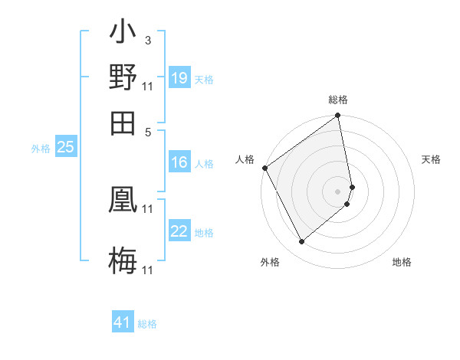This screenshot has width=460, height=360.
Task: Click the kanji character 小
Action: (123, 34)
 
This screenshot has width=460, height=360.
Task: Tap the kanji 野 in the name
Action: (123, 77)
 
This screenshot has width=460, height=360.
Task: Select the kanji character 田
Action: (123, 122)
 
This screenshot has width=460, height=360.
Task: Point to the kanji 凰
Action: (123, 200)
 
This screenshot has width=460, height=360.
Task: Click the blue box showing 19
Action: (179, 78)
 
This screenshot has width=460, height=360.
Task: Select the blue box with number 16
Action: (179, 162)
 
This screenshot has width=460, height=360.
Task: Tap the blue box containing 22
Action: (179, 231)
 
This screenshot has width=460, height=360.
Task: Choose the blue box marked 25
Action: (66, 147)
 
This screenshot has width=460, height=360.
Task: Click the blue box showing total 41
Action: (123, 322)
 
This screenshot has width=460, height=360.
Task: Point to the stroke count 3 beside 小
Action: (147, 40)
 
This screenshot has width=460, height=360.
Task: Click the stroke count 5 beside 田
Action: (147, 132)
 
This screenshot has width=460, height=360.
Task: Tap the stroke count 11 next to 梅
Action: (148, 270)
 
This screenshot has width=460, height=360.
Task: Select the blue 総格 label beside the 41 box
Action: (147, 324)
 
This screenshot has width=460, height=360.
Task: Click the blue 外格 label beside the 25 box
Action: (41, 149)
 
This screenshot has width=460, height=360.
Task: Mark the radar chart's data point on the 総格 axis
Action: (338, 116)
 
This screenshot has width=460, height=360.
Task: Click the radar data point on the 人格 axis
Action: (265, 168)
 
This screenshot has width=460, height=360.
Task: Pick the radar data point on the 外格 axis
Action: (301, 242)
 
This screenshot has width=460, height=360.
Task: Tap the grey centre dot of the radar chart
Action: (338, 191)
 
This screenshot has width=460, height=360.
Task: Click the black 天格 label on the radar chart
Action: (432, 159)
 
